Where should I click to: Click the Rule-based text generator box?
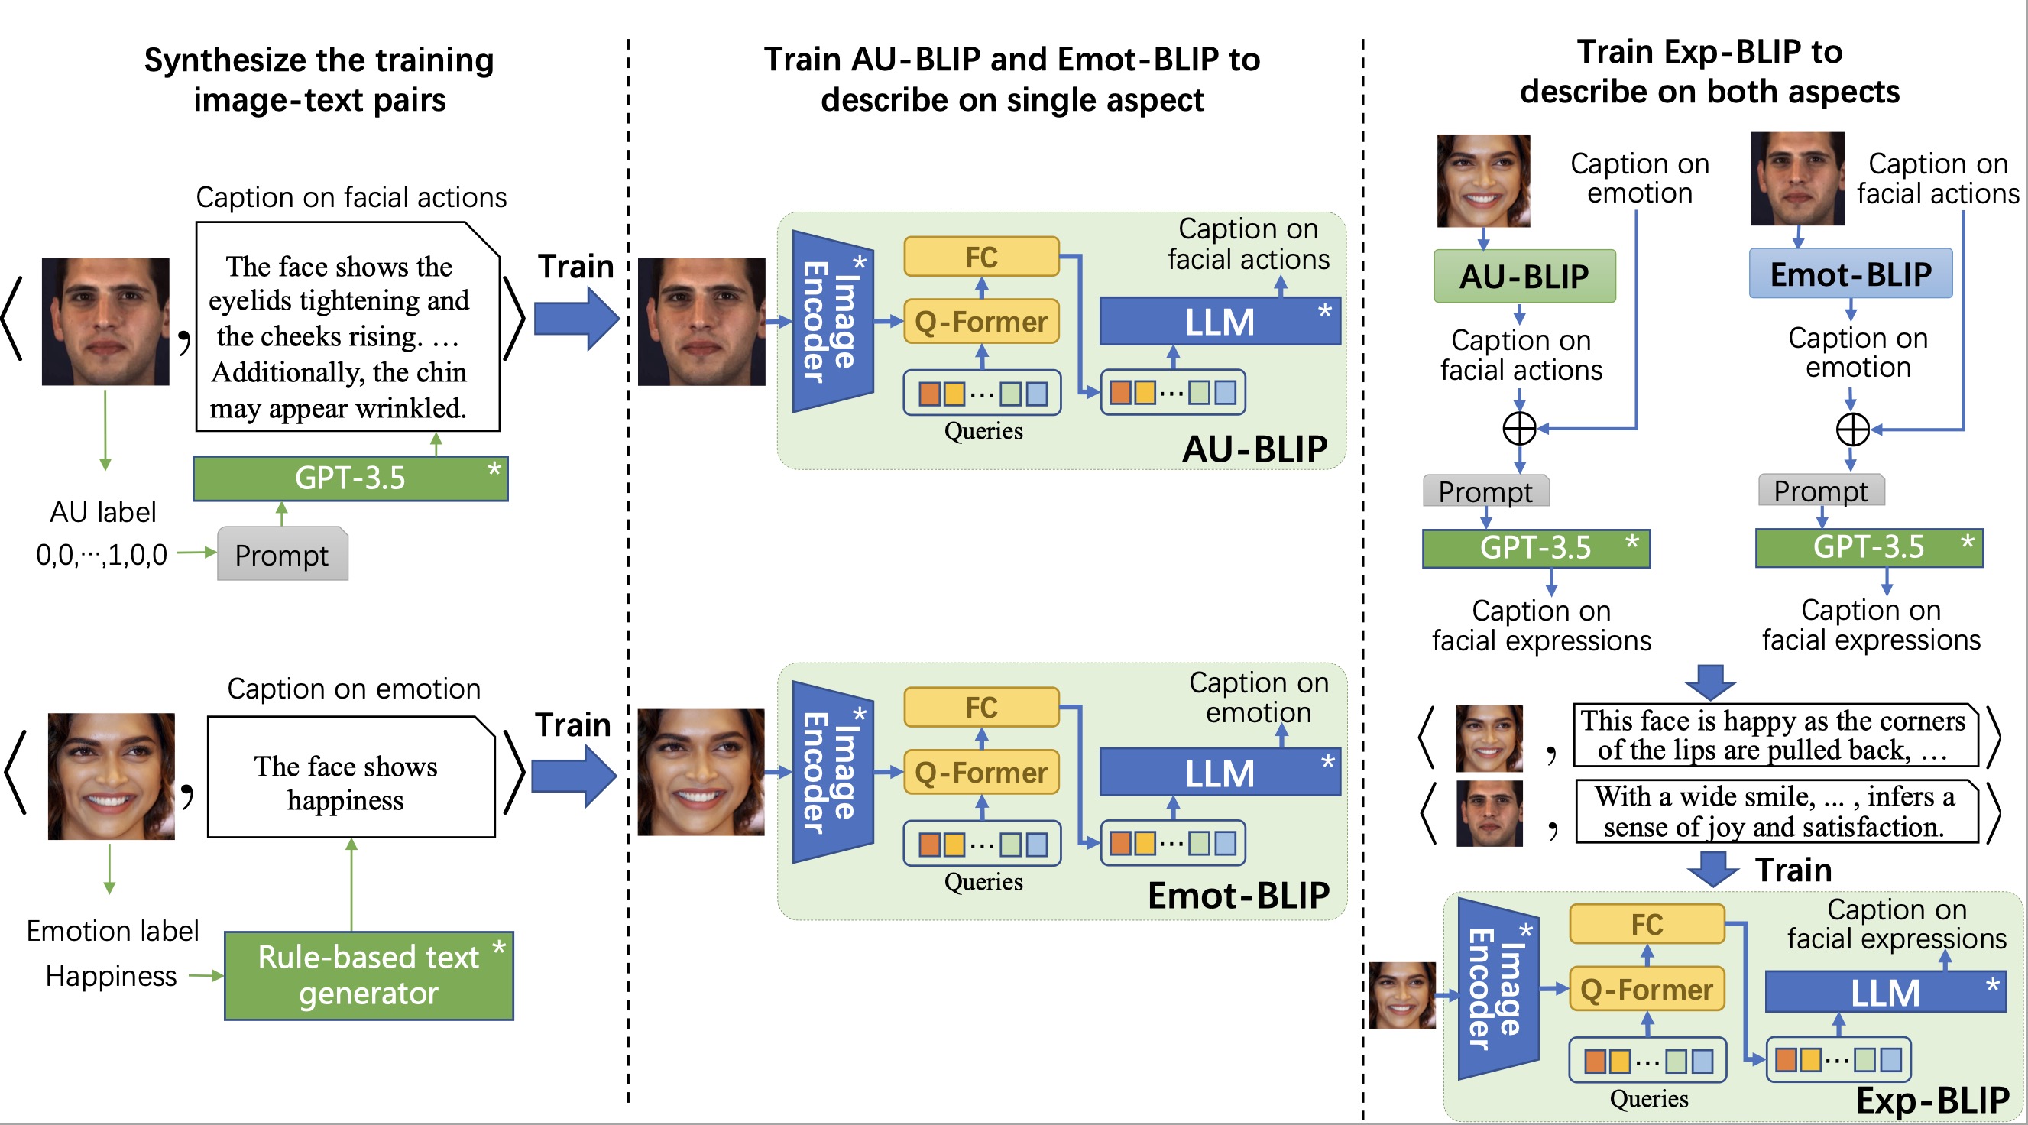[368, 975]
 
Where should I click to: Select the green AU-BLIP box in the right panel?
[1524, 277]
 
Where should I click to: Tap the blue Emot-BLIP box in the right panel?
[1850, 274]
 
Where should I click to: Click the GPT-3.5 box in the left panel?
[350, 478]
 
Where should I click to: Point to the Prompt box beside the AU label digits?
[282, 554]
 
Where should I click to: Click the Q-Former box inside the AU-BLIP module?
[981, 321]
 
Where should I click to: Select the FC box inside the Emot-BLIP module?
[981, 707]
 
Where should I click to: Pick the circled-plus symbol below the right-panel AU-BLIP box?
[1519, 428]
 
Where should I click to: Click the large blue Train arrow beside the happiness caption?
[574, 776]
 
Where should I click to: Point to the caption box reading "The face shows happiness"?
[351, 776]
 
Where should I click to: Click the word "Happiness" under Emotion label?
[111, 975]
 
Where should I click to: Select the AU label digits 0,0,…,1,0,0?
[102, 555]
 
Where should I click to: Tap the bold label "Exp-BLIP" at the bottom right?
[1932, 1100]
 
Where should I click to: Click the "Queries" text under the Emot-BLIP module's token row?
[983, 881]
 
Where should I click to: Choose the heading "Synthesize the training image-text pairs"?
[319, 79]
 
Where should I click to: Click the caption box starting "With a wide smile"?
[1777, 812]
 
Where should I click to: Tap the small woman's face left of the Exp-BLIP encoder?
[1402, 995]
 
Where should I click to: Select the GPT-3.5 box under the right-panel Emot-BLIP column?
[1869, 547]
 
